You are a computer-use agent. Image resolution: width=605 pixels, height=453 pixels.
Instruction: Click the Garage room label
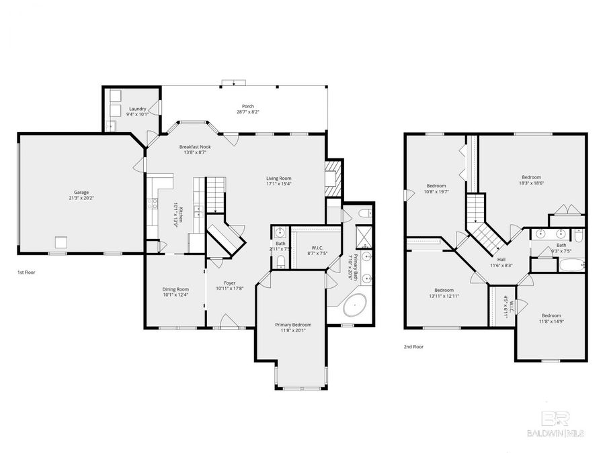(x=81, y=192)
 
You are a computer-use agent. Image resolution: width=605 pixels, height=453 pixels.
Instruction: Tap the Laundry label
(x=138, y=109)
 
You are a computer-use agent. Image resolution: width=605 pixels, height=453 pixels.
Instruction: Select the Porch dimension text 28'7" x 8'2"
(x=248, y=112)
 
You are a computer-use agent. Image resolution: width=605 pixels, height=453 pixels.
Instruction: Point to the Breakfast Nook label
(x=194, y=146)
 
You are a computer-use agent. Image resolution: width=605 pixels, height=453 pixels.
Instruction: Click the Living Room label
(x=278, y=178)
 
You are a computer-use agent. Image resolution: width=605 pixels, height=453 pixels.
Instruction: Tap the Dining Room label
(x=176, y=289)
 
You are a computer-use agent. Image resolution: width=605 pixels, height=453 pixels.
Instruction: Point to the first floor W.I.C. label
(x=311, y=248)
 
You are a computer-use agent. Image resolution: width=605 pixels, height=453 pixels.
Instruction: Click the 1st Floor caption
(x=27, y=272)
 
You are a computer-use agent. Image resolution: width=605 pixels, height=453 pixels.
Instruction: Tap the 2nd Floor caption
(x=414, y=347)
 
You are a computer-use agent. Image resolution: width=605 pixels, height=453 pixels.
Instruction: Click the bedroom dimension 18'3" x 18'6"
(x=531, y=183)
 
